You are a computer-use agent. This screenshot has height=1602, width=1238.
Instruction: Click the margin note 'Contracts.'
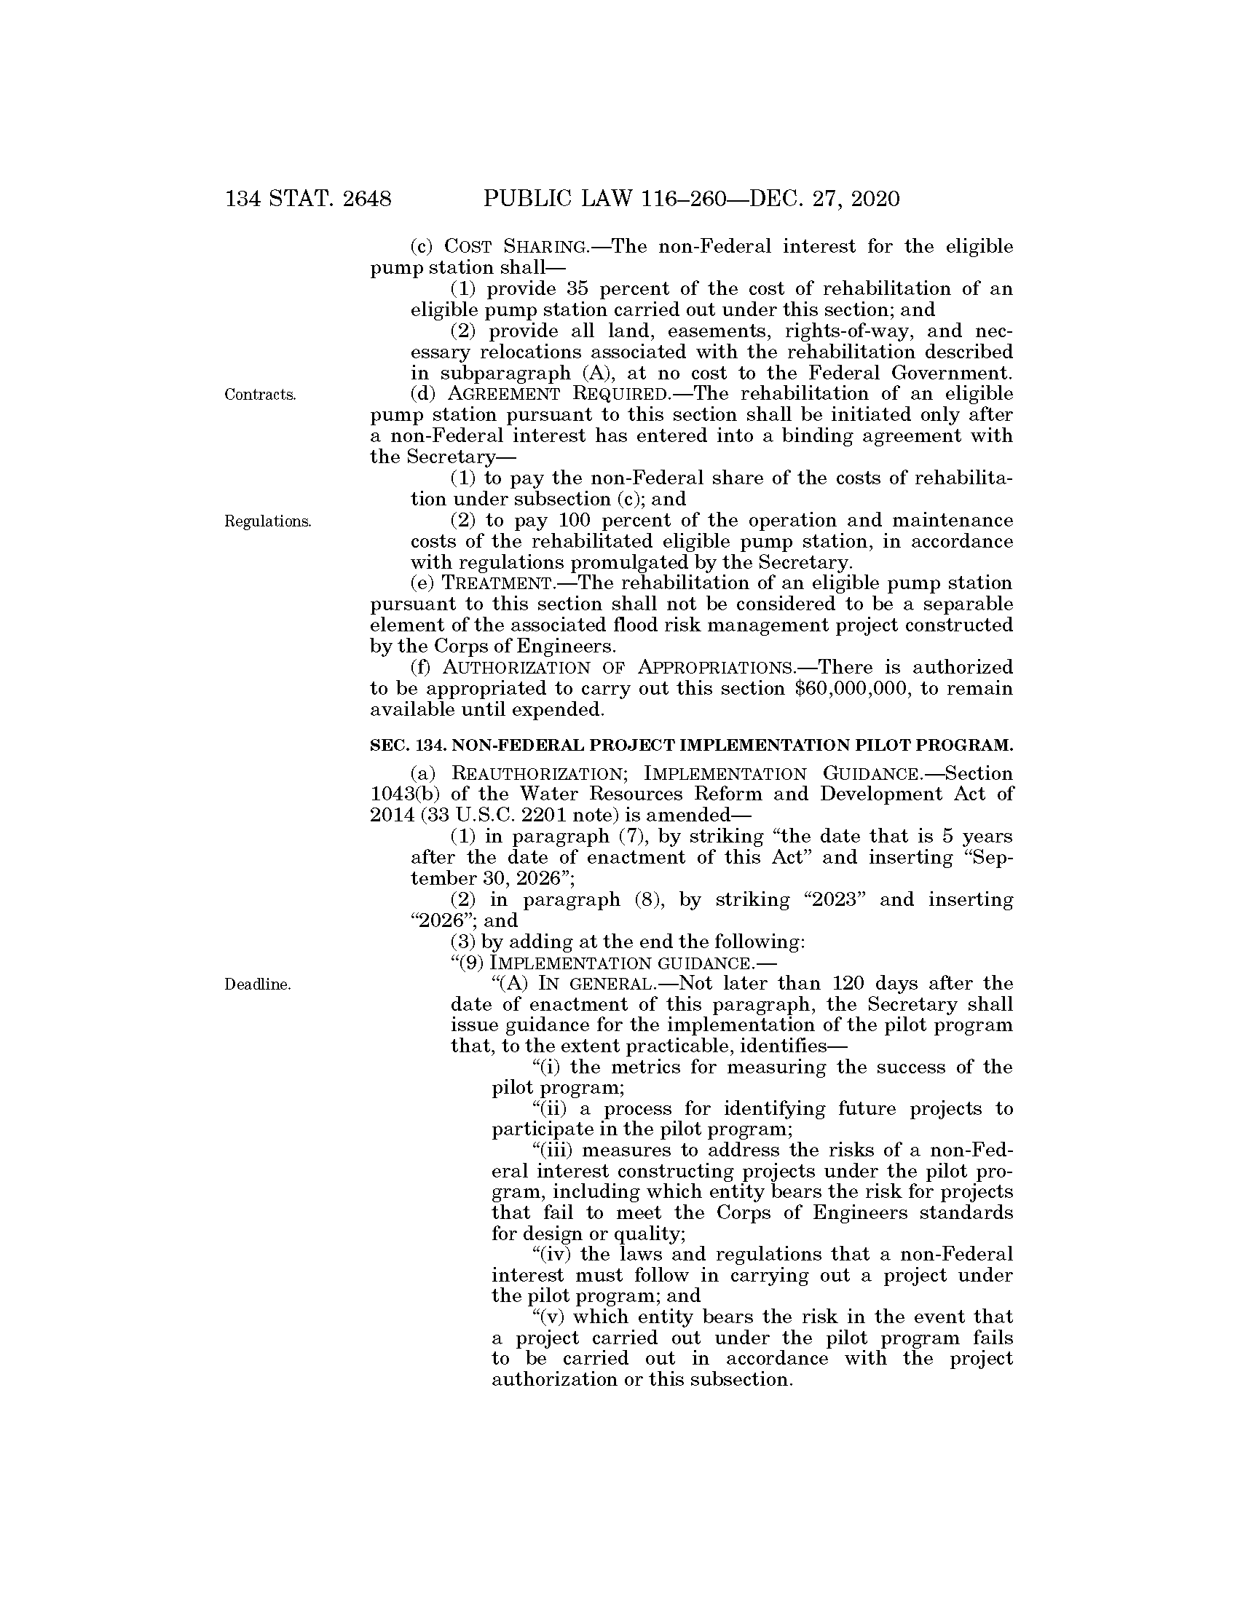[x=261, y=395]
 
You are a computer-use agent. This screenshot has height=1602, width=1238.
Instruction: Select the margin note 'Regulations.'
[x=268, y=521]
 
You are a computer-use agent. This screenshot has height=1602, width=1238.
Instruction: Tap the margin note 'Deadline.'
[x=257, y=985]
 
